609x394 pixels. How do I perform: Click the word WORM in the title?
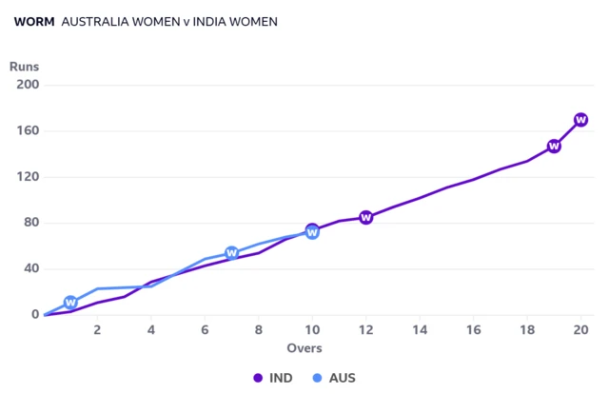34,22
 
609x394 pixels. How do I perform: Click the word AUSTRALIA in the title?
95,22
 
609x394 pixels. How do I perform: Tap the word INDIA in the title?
209,22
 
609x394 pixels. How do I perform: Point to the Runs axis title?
24,67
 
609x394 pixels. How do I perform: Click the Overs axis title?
304,348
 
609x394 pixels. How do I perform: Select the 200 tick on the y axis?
28,85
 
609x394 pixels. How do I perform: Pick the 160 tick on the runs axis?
28,130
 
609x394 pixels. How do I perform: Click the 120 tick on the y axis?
28,177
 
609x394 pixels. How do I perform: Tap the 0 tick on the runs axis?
35,314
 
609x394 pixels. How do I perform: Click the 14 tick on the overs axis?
420,330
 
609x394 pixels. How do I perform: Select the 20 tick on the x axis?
581,330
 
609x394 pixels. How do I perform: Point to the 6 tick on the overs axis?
205,330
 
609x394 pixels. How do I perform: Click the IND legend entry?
273,378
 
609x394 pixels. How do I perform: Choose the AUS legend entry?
334,378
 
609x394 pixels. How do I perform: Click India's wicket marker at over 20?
581,120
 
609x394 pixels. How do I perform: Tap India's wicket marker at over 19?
554,147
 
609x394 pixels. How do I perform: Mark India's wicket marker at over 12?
365,218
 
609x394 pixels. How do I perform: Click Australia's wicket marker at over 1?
70,303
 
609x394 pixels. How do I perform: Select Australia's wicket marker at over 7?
231,253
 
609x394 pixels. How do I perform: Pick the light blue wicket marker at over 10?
312,233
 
